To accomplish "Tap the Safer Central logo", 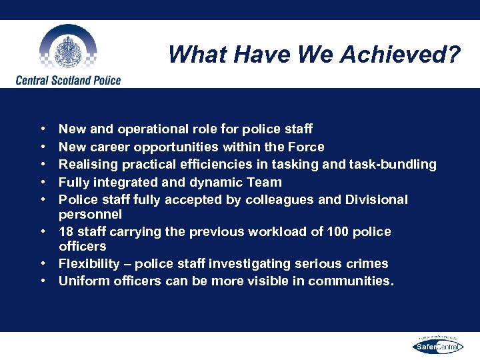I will [x=437, y=346].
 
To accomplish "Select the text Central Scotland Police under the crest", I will [x=69, y=81].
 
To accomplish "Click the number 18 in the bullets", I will [x=66, y=232].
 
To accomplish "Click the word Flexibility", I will [x=89, y=264].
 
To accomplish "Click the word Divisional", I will [x=375, y=200].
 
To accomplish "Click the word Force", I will [x=305, y=147].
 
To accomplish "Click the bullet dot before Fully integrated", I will [x=42, y=182].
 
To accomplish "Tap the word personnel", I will [x=90, y=215].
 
